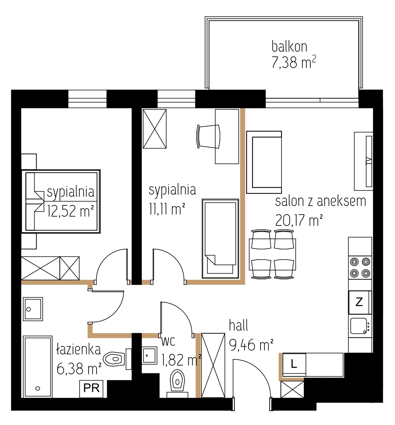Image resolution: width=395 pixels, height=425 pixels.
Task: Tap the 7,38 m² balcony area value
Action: click(x=294, y=62)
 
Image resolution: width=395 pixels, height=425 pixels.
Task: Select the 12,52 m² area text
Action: click(x=70, y=211)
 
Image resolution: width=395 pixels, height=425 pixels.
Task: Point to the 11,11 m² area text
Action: click(x=167, y=209)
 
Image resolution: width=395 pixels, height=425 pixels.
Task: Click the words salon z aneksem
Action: click(x=321, y=201)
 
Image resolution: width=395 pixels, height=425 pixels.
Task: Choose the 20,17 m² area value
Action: click(x=299, y=220)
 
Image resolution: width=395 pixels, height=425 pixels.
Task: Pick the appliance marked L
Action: click(x=294, y=364)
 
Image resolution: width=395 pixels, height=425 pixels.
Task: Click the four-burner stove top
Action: click(x=360, y=268)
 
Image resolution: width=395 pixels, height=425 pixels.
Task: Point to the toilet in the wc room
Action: click(x=177, y=384)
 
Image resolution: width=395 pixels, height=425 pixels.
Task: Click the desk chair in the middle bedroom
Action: click(x=208, y=136)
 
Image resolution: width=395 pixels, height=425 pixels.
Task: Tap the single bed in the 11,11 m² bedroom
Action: click(x=220, y=239)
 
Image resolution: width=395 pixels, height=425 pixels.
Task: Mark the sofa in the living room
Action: click(x=264, y=162)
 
